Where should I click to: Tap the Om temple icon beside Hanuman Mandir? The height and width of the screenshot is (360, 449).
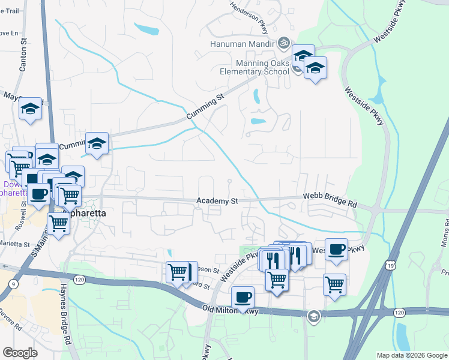click(x=283, y=43)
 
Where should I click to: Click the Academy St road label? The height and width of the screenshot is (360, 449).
click(x=217, y=201)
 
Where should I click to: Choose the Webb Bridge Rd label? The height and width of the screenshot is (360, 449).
click(x=330, y=200)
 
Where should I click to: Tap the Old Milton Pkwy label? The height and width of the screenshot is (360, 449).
click(x=232, y=310)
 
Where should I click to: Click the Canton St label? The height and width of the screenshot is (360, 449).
click(x=23, y=56)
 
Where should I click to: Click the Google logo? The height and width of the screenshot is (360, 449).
click(x=20, y=352)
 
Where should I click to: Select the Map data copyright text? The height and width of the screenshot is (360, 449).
click(x=411, y=355)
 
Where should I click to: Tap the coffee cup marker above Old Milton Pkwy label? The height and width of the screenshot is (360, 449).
click(x=243, y=297)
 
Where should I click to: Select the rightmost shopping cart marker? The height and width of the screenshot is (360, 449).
click(x=334, y=284)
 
